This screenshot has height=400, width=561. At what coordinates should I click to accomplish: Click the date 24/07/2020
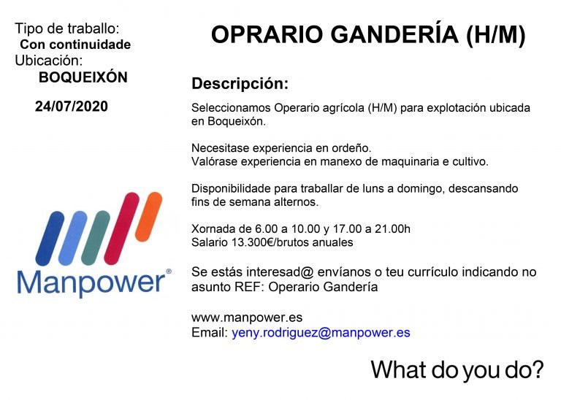tap(71, 107)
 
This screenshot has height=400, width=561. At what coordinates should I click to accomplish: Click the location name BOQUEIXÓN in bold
tap(83, 77)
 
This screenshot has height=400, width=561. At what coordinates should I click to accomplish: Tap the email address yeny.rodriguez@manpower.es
tap(321, 332)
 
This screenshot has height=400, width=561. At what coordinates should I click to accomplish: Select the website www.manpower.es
tap(247, 318)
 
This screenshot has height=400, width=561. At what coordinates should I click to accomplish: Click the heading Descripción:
tap(240, 83)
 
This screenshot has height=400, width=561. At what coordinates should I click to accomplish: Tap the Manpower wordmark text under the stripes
tap(91, 282)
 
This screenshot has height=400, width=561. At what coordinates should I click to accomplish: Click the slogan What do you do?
tap(457, 369)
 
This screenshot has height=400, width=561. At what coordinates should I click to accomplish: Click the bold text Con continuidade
tap(75, 45)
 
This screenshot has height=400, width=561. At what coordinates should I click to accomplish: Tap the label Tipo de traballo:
tap(66, 29)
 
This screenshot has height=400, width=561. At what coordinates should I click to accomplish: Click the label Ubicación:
tap(48, 61)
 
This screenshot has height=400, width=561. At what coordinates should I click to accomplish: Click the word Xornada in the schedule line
tap(213, 228)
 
